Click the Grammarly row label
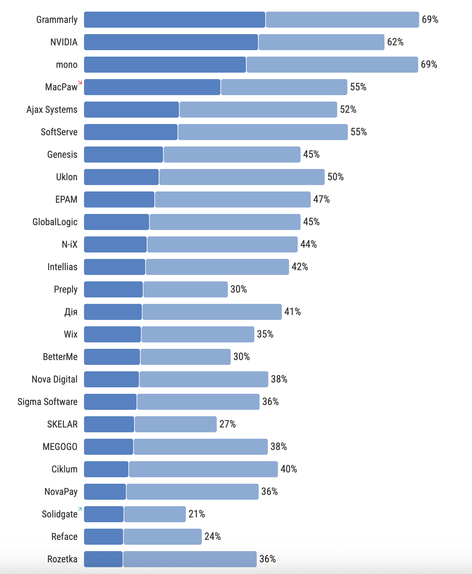tap(57, 20)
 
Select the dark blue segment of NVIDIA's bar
tap(171, 42)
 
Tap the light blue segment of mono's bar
tap(332, 65)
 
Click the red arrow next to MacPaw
tap(80, 82)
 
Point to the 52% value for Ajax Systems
tap(348, 110)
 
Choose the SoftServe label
tap(59, 132)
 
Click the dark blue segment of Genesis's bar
tap(123, 155)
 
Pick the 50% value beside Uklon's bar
tap(336, 177)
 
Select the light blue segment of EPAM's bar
tap(233, 199)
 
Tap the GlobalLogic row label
tap(55, 222)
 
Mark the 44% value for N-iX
tap(309, 244)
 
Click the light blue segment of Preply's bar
tap(185, 289)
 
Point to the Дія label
tap(71, 312)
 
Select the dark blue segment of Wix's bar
tap(113, 334)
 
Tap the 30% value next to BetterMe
tap(242, 357)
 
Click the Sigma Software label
tap(47, 402)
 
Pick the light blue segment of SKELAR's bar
tap(176, 424)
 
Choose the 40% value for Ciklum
tap(289, 469)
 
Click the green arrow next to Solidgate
tap(80, 509)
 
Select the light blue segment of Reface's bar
tap(162, 537)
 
